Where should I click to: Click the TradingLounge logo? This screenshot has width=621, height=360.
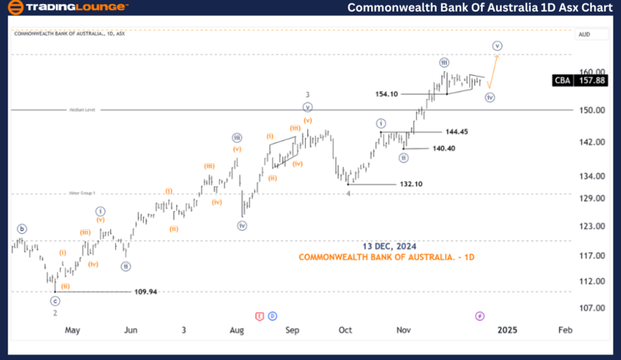[68, 8]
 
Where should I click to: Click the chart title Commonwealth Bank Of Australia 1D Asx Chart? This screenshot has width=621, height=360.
[480, 8]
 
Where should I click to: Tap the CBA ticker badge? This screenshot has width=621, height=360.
[562, 81]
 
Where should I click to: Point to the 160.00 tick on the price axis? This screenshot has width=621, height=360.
[593, 72]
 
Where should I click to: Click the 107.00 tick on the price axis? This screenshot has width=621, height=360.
[593, 308]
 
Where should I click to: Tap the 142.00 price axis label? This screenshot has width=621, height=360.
[593, 142]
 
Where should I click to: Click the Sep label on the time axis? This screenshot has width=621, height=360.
[293, 330]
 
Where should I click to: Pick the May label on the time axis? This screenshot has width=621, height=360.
[72, 330]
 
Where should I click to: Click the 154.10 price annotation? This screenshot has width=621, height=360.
[386, 94]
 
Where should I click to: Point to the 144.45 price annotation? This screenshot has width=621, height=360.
[457, 131]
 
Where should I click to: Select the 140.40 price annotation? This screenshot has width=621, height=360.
[444, 148]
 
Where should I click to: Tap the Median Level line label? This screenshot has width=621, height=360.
[81, 110]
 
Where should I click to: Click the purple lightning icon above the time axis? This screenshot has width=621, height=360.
[480, 316]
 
